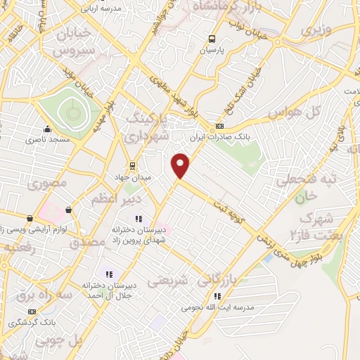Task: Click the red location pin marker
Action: point(181,165)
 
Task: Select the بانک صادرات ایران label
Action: point(219,138)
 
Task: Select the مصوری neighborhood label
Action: point(48,183)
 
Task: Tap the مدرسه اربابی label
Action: point(103,9)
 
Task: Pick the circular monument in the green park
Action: point(71,111)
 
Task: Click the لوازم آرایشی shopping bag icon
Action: point(68,210)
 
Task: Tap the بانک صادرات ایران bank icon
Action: point(219,125)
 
